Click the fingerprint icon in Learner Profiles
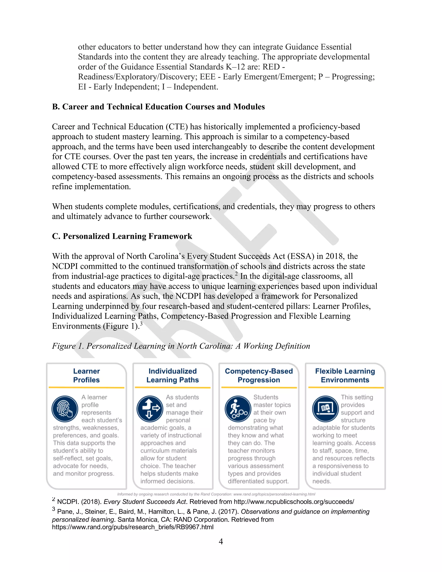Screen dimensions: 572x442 [64, 409]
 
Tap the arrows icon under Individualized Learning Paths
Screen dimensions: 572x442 [150, 409]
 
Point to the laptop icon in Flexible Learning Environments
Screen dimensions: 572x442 [325, 409]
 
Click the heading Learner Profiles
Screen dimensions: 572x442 [86, 375]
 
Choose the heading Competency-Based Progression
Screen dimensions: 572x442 [259, 375]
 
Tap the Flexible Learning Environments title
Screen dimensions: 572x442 [345, 375]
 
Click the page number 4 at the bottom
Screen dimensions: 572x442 [221, 542]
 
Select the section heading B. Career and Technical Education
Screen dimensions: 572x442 [158, 107]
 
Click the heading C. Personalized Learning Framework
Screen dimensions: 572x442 [122, 236]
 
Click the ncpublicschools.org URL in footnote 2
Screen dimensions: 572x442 [294, 502]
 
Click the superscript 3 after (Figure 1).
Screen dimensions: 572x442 [141, 324]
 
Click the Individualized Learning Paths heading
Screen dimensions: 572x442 [173, 375]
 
